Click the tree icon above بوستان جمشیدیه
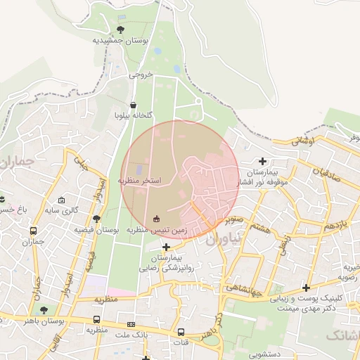pyautogui.click(x=120, y=30)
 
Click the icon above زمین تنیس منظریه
pyautogui.click(x=156, y=218)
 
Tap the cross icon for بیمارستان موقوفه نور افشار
pyautogui.click(x=263, y=162)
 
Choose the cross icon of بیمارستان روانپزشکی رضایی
pyautogui.click(x=166, y=247)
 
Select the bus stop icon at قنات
pyautogui.click(x=181, y=332)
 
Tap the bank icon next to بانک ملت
pyautogui.click(x=131, y=324)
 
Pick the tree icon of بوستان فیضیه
pyautogui.click(x=96, y=219)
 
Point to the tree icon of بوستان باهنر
pyautogui.click(x=44, y=309)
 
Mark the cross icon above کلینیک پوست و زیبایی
pyautogui.click(x=306, y=288)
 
